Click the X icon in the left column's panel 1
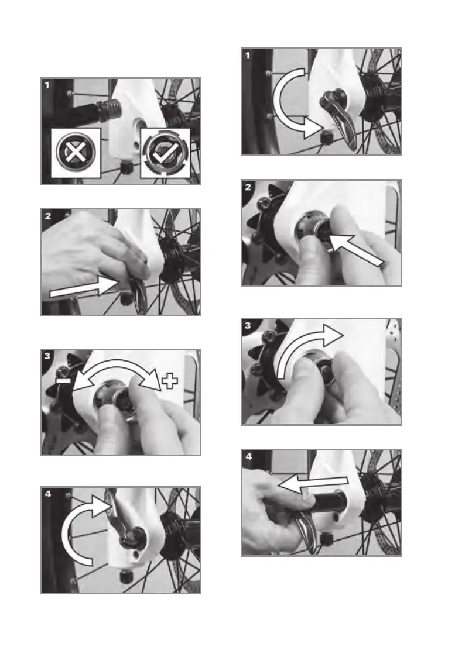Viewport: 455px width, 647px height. click(x=76, y=152)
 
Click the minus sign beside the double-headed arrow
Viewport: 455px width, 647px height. click(x=63, y=380)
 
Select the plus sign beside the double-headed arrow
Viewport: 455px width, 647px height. click(x=170, y=380)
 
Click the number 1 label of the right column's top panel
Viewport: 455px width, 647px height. click(x=248, y=55)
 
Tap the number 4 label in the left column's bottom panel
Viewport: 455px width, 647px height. click(x=48, y=494)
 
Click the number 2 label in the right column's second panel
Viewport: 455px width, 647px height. click(x=248, y=187)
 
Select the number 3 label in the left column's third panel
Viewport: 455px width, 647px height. click(x=47, y=356)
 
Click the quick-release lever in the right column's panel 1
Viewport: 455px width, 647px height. click(x=341, y=118)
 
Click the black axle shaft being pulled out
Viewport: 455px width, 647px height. click(x=329, y=501)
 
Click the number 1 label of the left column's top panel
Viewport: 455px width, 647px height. click(x=47, y=85)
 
